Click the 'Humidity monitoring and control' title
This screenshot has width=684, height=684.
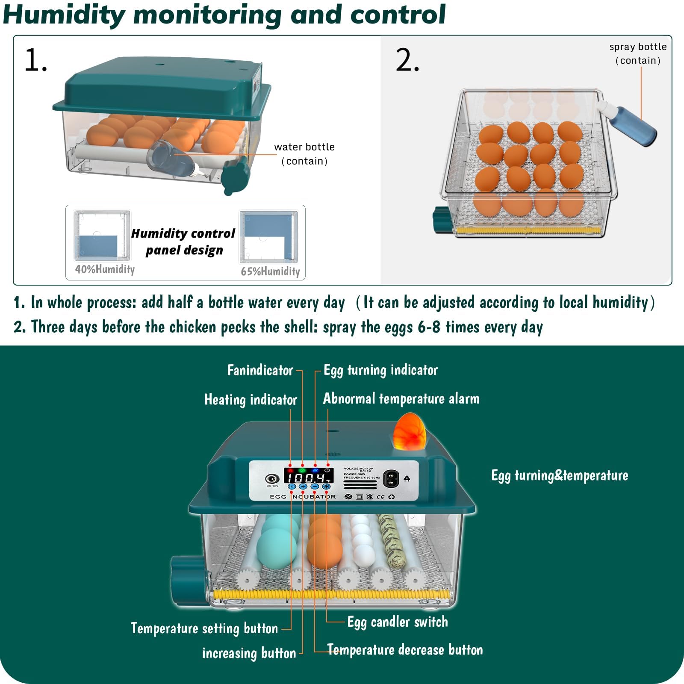point(224,15)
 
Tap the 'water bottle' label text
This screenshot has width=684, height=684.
point(304,147)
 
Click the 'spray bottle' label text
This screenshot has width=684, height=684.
point(638,47)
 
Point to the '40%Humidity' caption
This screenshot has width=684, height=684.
point(105,269)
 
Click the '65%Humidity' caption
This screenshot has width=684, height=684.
point(270,271)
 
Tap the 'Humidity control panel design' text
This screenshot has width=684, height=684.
point(183,242)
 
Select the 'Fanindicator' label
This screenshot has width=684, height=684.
point(260,370)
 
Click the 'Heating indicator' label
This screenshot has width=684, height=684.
point(251,400)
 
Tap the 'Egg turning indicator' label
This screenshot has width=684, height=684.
point(380,370)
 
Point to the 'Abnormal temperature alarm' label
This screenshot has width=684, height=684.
point(401,399)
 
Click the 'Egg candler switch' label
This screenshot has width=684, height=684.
point(398,622)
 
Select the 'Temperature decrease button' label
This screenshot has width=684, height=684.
point(405,650)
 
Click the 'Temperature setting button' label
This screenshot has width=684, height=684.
point(204,628)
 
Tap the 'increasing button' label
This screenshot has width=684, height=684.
point(249,653)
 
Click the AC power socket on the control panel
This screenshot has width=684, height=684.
point(391,479)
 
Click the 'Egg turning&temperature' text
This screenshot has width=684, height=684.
point(560,476)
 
